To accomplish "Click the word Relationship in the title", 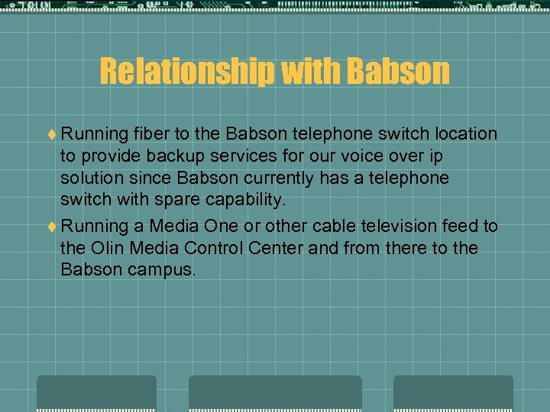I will pyautogui.click(x=187, y=71).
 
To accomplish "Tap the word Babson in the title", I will pyautogui.click(x=398, y=71).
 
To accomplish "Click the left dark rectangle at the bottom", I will pyautogui.click(x=97, y=393).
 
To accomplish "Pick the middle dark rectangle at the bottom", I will pyautogui.click(x=275, y=393).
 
